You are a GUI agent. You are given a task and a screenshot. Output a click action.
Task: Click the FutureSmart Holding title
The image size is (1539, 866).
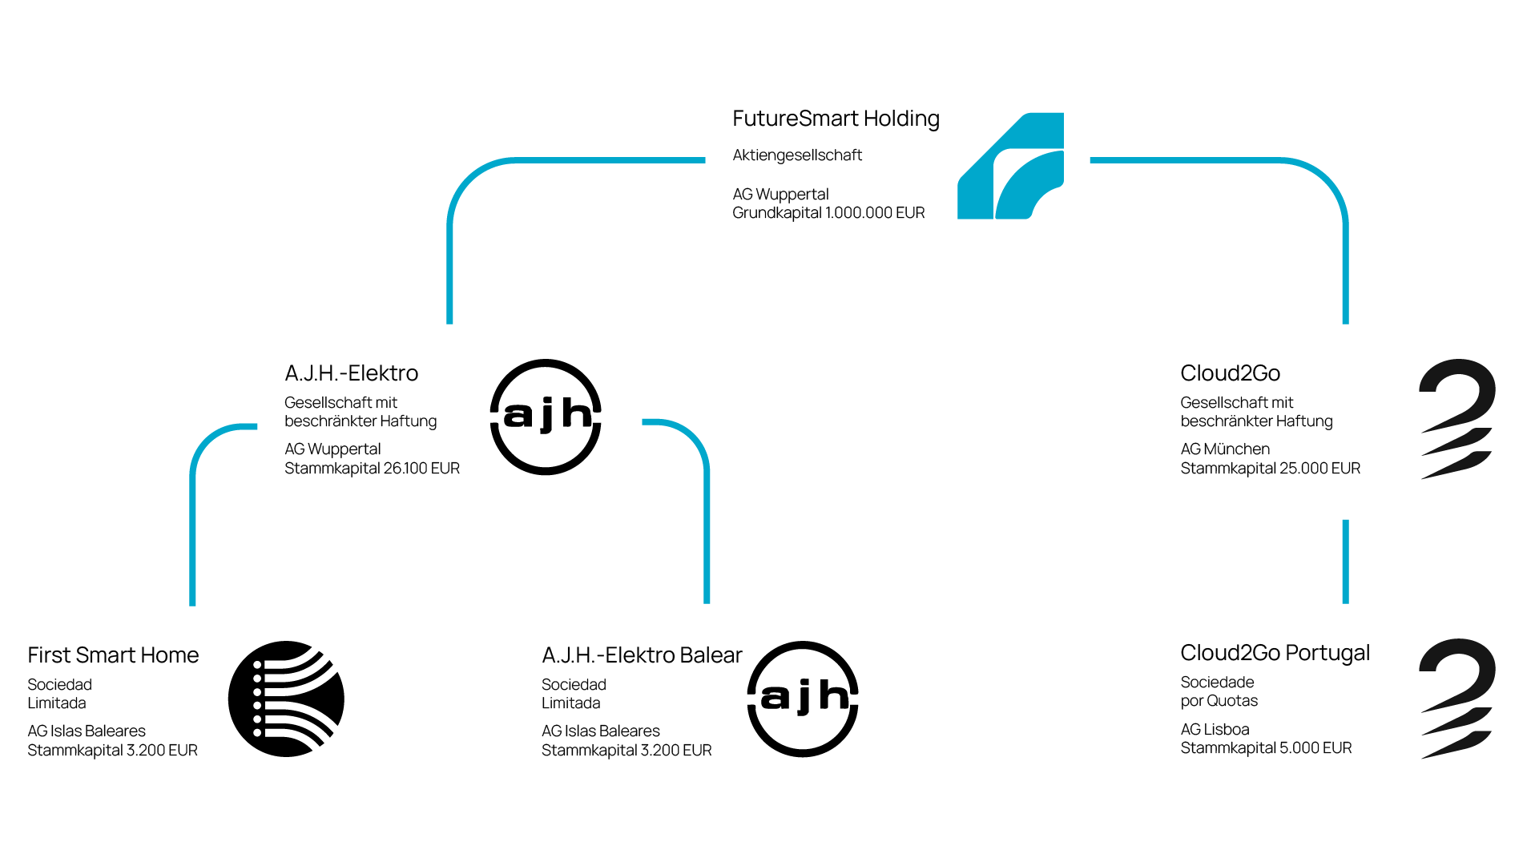point(836,119)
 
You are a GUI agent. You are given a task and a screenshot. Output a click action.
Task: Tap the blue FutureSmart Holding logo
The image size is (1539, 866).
point(1011,166)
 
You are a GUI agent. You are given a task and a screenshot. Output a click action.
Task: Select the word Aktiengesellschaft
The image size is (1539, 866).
point(797,155)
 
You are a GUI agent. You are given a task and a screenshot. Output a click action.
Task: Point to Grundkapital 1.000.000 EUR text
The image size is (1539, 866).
point(828,213)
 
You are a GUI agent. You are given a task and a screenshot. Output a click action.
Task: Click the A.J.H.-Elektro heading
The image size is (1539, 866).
point(351,373)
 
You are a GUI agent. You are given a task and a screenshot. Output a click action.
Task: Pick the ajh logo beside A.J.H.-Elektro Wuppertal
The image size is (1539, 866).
point(546,417)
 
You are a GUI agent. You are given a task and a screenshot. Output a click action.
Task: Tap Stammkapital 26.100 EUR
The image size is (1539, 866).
point(372,469)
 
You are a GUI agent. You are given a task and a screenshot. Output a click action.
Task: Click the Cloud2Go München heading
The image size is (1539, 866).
point(1230,373)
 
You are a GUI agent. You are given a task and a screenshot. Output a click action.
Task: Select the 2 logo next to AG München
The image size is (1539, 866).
point(1456,418)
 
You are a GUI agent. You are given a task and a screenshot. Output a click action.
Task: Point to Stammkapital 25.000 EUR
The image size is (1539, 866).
point(1270,469)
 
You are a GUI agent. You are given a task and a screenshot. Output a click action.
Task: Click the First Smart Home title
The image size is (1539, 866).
point(113,655)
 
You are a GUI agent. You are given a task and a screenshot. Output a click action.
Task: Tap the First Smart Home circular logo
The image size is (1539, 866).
point(286,699)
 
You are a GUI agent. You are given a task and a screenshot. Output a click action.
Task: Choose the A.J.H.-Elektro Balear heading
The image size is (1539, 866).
point(642,655)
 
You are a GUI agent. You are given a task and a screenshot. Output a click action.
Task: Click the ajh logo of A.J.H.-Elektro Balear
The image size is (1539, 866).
point(803,699)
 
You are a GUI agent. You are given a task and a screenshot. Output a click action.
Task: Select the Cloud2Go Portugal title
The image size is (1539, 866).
point(1275,653)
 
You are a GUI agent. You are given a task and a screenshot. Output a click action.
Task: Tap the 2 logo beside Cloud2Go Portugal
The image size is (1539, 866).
point(1456,698)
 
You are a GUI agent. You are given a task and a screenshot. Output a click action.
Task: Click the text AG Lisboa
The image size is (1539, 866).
point(1215,730)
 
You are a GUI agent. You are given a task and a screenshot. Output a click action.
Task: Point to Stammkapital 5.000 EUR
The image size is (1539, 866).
point(1266,748)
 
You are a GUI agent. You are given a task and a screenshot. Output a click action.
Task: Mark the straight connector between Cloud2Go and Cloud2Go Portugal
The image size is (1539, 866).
point(1345,562)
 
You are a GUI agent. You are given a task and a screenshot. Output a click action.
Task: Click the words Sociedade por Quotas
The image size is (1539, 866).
point(1219,691)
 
